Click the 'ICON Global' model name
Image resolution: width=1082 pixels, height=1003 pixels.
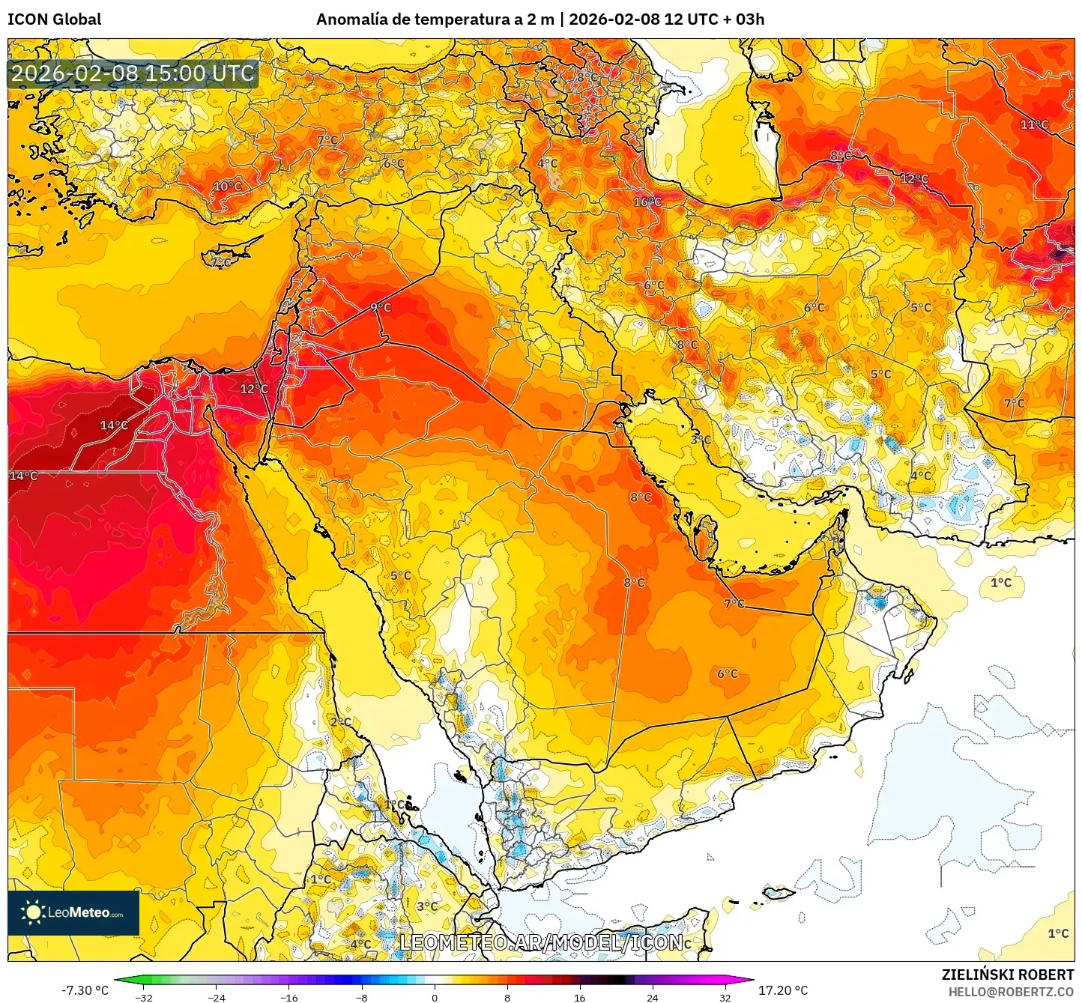[x=54, y=19]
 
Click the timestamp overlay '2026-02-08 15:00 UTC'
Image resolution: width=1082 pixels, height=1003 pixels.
[x=133, y=73]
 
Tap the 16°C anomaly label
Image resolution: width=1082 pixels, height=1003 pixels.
[x=647, y=201]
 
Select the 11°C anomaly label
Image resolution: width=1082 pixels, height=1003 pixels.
[x=1034, y=124]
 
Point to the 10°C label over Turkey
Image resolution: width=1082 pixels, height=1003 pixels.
[x=228, y=187]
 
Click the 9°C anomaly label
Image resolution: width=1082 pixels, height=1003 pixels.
[x=381, y=307]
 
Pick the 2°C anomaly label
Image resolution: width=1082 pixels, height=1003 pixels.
[x=341, y=722]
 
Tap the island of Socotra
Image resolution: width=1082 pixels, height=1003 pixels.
[x=777, y=893]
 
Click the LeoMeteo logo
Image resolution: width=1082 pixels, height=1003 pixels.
[x=73, y=912]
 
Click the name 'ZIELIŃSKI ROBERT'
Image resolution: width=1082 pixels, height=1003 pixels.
[x=1007, y=975]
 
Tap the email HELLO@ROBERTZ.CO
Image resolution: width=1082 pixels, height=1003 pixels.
[x=1010, y=992]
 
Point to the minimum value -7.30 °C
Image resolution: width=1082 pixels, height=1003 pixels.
[x=85, y=990]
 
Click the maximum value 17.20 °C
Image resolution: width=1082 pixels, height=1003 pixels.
[x=783, y=990]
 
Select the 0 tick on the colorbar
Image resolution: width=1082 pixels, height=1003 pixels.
[x=435, y=997]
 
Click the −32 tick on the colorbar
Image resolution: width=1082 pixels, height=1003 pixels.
[x=144, y=997]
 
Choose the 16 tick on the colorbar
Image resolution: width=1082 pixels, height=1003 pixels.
[x=579, y=997]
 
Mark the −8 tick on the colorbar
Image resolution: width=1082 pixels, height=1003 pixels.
[x=362, y=997]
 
